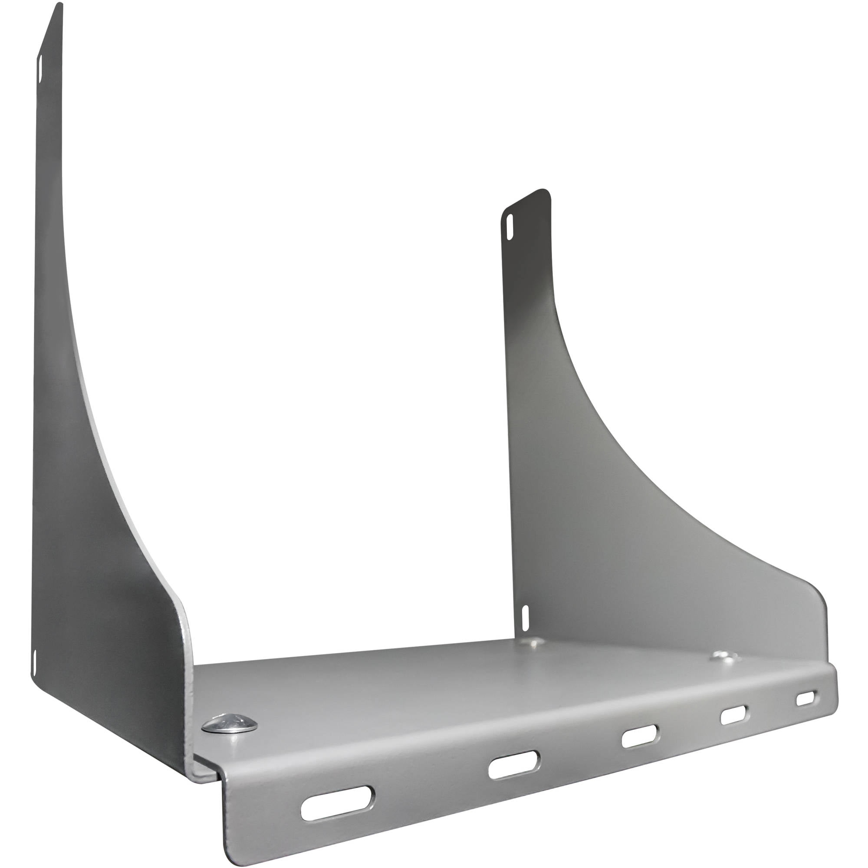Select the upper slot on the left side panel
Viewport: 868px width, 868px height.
pyautogui.click(x=40, y=69)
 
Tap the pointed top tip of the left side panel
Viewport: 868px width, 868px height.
pyautogui.click(x=59, y=5)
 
